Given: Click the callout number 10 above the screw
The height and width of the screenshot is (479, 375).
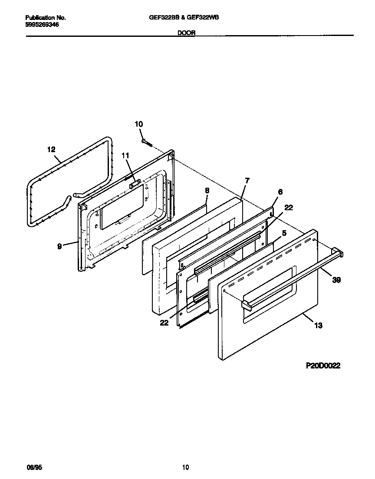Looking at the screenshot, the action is tap(138, 124).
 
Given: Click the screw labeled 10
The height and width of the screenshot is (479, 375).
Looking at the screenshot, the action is tap(146, 142).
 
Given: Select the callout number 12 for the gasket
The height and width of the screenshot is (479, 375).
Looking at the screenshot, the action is tap(51, 150).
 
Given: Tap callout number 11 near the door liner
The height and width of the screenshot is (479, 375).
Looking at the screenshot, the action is tap(125, 155).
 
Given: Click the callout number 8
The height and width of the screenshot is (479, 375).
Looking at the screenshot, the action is tap(207, 190).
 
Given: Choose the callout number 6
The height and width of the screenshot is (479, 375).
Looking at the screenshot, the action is tap(280, 191).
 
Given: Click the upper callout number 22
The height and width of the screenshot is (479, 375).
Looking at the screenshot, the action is tap(289, 208).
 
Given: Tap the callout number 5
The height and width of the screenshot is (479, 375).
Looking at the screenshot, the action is tap(284, 233).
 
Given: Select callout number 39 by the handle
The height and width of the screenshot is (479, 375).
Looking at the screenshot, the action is tap(337, 280).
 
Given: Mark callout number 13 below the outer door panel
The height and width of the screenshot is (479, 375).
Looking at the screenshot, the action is tap(318, 326).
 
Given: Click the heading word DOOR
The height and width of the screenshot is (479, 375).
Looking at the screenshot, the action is tap(186, 33).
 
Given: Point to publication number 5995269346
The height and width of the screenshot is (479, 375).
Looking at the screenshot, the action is tap(43, 25).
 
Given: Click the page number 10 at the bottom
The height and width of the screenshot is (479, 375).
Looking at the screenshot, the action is tap(185, 467).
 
